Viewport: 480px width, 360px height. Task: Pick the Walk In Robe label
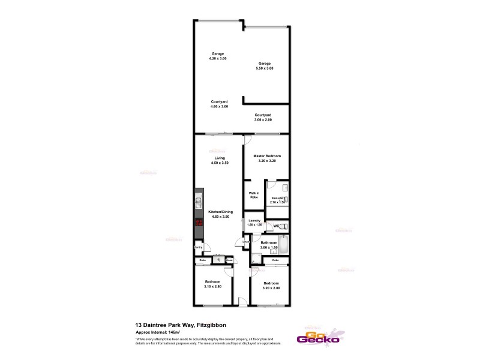click(254, 195)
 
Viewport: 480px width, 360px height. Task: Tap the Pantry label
click(198, 247)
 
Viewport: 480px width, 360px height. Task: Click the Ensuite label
click(277, 198)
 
